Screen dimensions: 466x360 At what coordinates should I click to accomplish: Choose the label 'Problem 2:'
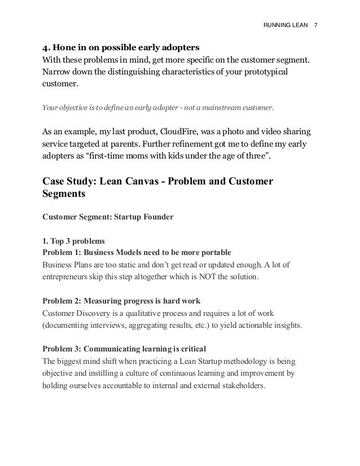[63, 300]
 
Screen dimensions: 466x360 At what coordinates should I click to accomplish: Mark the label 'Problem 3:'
[63, 348]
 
